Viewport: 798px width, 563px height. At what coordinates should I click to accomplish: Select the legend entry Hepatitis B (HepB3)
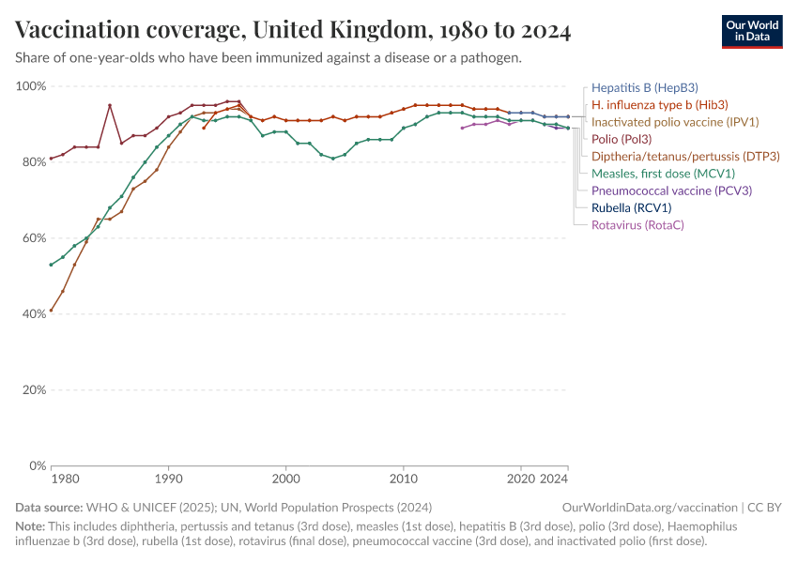[644, 87]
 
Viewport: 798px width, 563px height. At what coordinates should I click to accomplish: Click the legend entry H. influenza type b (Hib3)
[660, 104]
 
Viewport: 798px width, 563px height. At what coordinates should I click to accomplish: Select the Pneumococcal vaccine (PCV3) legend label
[671, 190]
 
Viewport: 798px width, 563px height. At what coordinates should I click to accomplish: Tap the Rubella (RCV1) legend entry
[631, 207]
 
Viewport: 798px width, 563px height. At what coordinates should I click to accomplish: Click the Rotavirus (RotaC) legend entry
[637, 225]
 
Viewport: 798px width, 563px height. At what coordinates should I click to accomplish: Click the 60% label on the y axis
[34, 238]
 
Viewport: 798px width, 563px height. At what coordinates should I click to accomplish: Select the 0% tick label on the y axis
[38, 465]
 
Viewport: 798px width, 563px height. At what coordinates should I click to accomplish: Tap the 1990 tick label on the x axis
[168, 479]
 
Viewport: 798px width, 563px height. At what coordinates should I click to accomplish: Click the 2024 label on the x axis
[555, 479]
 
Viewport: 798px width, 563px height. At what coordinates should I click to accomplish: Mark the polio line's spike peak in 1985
[110, 105]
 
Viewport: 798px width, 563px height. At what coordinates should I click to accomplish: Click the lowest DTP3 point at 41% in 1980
[51, 310]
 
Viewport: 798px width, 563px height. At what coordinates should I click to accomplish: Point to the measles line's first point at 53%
[51, 265]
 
